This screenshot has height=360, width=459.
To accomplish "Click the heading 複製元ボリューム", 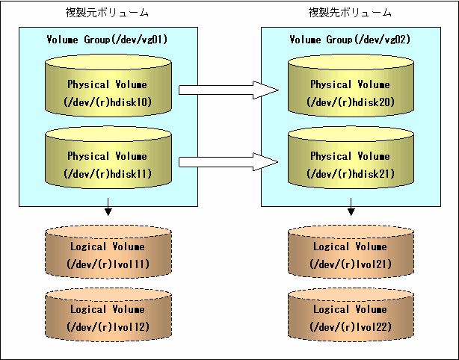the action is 107,13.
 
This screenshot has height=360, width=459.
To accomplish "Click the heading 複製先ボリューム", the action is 350,13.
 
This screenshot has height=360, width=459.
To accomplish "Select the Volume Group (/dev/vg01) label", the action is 107,40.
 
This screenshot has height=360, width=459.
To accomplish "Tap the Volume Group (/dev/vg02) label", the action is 350,40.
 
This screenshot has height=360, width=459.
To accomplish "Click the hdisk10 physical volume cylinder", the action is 108,85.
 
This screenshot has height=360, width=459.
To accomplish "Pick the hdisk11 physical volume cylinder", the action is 108,158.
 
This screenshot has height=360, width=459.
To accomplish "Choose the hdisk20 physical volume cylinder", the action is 351,85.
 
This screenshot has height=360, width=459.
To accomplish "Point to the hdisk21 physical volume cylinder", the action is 351,158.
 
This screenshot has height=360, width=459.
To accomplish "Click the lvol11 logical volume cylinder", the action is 108,252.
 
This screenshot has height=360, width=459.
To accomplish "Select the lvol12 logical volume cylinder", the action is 108,314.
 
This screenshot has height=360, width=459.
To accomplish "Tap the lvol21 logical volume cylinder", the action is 351,252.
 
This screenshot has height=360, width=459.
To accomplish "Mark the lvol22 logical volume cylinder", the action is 351,314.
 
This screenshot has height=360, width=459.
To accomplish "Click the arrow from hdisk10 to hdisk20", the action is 228,90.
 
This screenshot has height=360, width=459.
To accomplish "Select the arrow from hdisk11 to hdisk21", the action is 228,162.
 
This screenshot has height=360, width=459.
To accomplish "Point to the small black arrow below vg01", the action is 108,207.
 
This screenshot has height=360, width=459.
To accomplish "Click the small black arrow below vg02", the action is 351,207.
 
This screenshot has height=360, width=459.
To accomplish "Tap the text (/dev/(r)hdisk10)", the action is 108,102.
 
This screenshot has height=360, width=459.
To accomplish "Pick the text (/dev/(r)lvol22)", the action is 351,326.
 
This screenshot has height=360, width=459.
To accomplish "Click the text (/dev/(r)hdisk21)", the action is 351,174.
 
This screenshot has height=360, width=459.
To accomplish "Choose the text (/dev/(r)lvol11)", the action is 108,264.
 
